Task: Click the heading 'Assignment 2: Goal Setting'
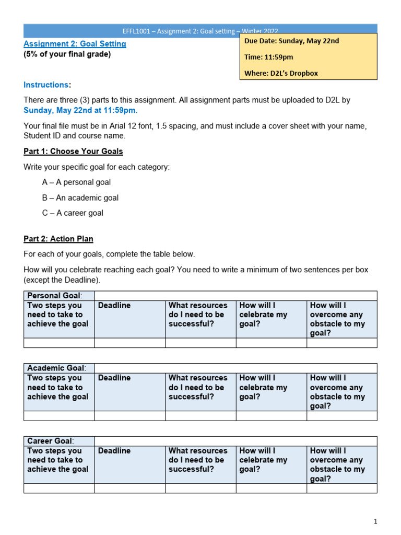tap(75, 44)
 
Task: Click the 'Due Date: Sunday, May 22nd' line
tap(291, 41)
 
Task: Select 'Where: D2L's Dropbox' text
tap(281, 73)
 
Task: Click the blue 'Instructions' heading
tap(46, 85)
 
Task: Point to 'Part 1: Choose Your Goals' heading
tap(73, 152)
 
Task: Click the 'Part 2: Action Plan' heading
tap(58, 239)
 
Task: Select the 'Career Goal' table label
tap(50, 441)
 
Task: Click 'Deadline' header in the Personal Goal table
tap(114, 305)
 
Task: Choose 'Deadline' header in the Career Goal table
tap(114, 450)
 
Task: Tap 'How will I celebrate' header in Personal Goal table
tap(263, 315)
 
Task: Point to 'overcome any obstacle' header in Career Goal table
tap(337, 464)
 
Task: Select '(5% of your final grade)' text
tap(67, 54)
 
